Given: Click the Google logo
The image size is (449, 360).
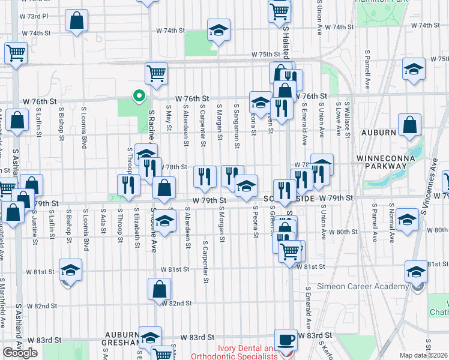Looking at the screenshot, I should [20, 353].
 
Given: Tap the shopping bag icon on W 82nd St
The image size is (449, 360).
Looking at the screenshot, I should [159, 290].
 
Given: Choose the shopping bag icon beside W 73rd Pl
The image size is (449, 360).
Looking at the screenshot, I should [77, 21].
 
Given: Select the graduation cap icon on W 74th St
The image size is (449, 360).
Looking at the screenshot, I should [218, 30].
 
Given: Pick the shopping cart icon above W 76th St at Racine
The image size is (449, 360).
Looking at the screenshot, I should [156, 74].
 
